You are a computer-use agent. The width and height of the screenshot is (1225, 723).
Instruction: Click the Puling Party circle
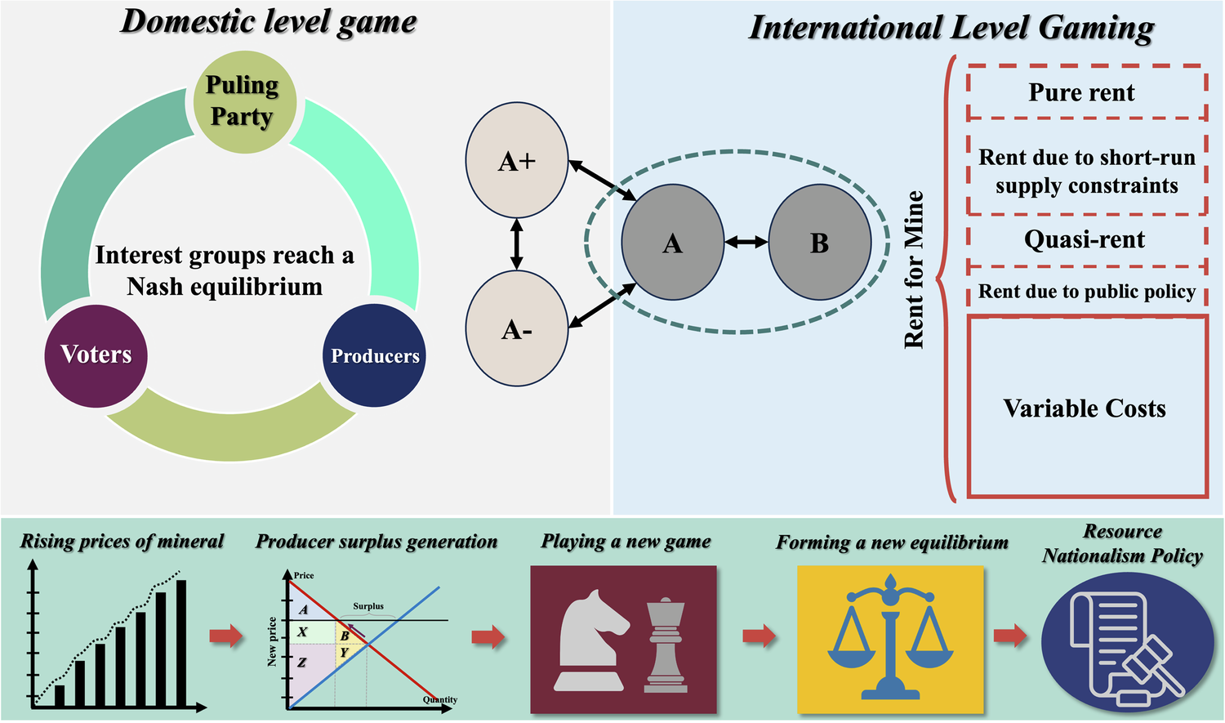(243, 101)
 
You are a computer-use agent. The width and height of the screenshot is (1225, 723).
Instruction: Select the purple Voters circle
(96, 355)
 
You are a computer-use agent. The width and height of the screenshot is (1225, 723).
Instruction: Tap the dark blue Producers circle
(374, 355)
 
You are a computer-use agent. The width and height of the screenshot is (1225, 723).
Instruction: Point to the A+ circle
(516, 161)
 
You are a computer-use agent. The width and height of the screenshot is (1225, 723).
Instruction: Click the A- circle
(516, 329)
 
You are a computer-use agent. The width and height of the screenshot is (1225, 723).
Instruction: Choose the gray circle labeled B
(819, 243)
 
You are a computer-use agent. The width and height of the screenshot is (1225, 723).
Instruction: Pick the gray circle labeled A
(672, 243)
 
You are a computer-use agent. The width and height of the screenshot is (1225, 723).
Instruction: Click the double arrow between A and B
(746, 242)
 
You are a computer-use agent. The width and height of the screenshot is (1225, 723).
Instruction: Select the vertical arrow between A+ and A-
(516, 243)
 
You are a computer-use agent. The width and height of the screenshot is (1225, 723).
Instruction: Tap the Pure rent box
(1085, 93)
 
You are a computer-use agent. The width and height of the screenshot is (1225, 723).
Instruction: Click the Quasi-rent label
(1085, 239)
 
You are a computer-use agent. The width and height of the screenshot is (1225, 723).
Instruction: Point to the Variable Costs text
(1085, 408)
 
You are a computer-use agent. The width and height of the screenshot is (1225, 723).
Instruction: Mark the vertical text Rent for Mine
(914, 270)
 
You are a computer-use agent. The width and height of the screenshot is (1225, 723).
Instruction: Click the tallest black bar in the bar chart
(181, 643)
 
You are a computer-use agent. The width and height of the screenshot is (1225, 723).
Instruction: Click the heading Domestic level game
(269, 22)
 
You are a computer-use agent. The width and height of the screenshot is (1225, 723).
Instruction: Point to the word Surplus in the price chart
(368, 606)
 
